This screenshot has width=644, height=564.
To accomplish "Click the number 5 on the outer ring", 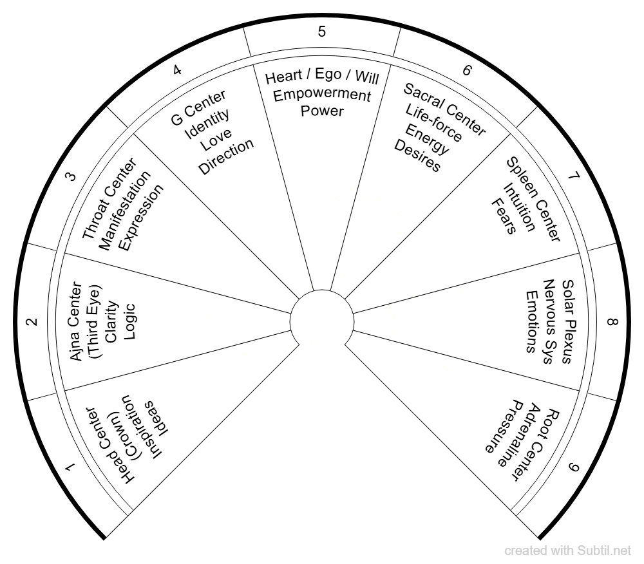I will (322, 32).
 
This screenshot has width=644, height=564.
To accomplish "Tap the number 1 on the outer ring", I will (74, 475).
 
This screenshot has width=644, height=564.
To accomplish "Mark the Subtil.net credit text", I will (569, 551).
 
